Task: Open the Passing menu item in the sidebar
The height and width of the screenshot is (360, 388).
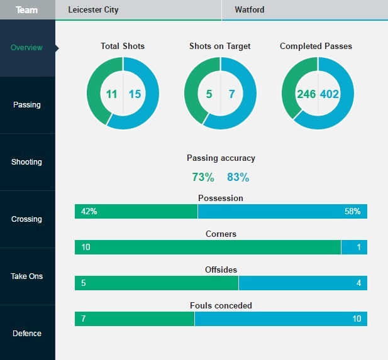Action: (27, 105)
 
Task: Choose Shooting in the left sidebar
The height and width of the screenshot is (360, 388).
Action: (27, 162)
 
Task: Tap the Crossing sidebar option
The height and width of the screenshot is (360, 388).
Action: (27, 219)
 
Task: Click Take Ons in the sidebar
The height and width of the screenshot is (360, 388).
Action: (27, 276)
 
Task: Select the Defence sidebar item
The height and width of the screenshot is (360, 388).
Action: (27, 334)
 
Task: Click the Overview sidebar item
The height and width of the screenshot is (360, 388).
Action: (27, 48)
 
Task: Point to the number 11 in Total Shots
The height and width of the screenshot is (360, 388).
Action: (112, 94)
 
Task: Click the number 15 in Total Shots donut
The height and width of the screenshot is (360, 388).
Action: (135, 94)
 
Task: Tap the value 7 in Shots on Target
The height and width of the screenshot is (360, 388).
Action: (231, 94)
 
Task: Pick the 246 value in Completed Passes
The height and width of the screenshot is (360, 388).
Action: (306, 94)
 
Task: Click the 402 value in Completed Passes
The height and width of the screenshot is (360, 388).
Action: (330, 94)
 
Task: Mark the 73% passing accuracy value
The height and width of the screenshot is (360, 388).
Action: (202, 178)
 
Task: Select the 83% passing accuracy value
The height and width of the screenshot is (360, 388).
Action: (238, 178)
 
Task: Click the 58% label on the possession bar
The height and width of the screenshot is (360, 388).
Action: (352, 212)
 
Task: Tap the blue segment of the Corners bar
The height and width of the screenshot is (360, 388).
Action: (354, 248)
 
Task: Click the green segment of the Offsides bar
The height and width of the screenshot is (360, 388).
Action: (157, 283)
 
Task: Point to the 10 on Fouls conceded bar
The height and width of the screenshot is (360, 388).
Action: (356, 319)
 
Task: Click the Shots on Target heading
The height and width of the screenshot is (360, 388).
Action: (220, 46)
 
